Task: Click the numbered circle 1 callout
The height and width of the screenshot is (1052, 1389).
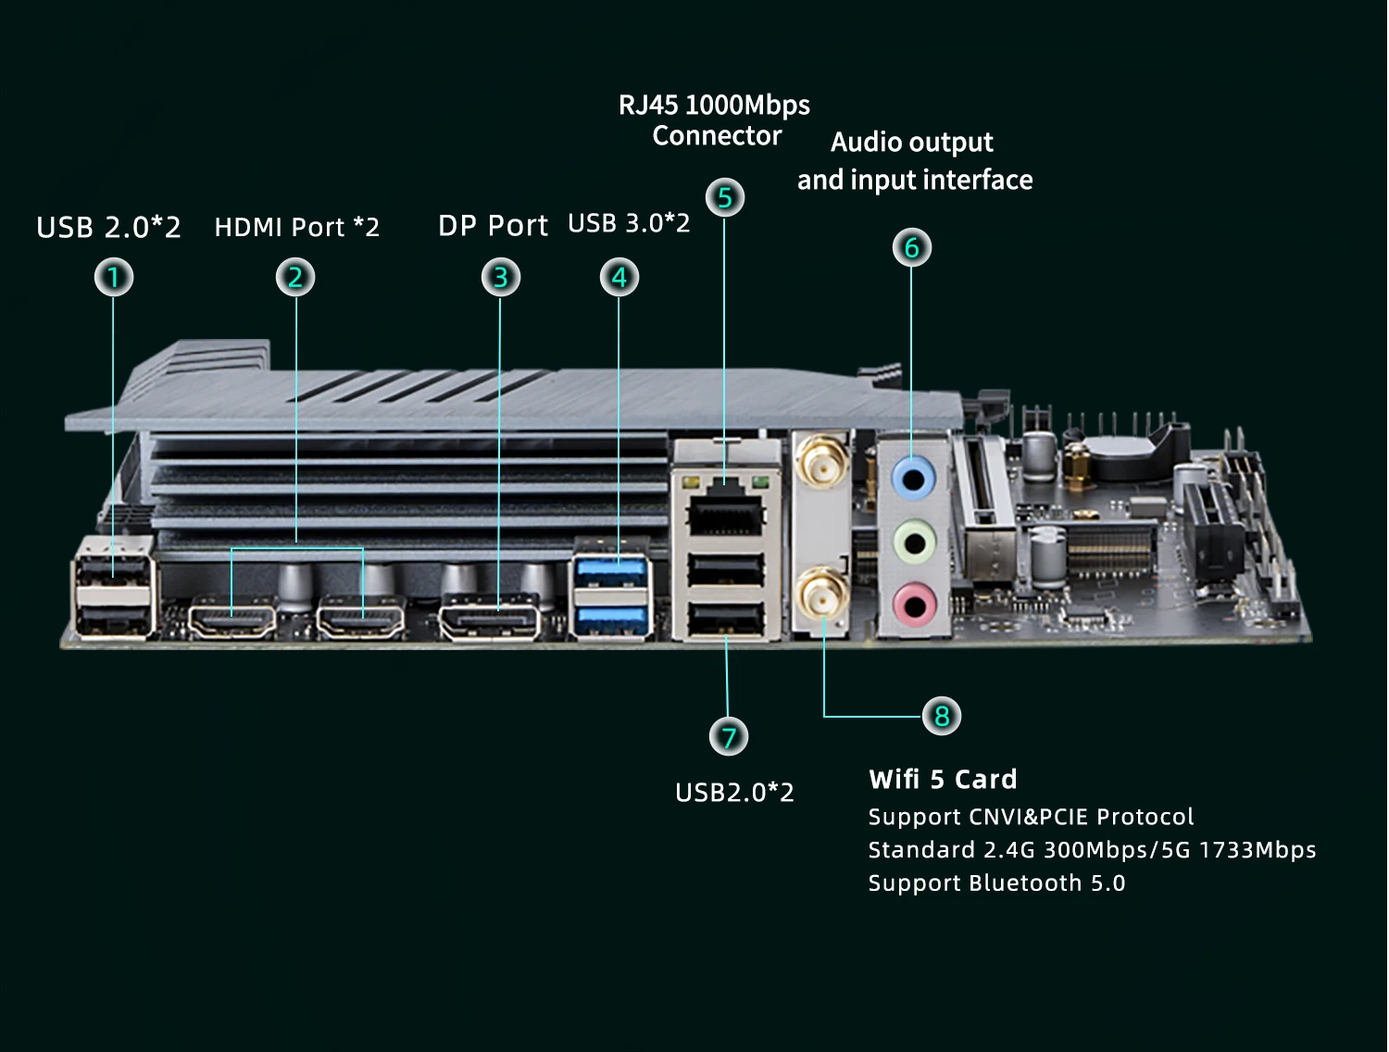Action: point(114,277)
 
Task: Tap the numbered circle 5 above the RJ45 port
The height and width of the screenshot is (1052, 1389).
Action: point(725,197)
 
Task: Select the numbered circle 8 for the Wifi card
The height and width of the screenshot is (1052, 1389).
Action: point(942,716)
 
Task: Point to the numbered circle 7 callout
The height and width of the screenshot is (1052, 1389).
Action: point(729,737)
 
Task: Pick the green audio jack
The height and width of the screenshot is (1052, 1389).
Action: point(913,543)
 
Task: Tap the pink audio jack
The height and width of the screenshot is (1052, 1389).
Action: point(913,607)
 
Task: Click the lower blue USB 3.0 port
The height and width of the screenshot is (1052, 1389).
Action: point(611,618)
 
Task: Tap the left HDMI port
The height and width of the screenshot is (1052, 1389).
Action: point(232,620)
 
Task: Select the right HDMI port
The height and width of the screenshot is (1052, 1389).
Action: point(361,620)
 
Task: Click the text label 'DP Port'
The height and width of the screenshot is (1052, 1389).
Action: point(493,226)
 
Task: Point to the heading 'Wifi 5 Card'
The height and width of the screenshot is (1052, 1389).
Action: point(943,780)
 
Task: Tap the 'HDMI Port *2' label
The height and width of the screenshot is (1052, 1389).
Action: point(296,228)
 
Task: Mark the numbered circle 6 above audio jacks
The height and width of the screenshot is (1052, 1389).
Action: point(912,247)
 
